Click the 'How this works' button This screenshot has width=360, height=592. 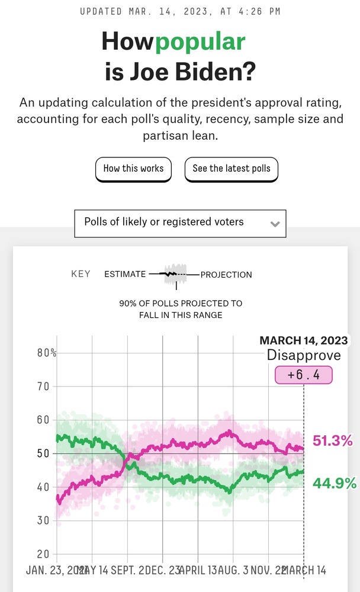point(133,169)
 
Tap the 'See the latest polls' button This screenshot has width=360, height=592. point(231,169)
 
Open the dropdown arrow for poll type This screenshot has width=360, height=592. point(274,224)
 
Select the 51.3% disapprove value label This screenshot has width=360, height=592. point(333,440)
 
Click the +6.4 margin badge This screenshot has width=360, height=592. point(304,375)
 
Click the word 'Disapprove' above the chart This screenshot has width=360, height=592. point(304,355)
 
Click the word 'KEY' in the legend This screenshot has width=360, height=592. point(81,274)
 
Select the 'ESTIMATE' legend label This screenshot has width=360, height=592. point(125,274)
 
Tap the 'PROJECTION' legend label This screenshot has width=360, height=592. point(226,275)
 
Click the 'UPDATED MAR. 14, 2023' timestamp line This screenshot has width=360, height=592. point(180,11)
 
